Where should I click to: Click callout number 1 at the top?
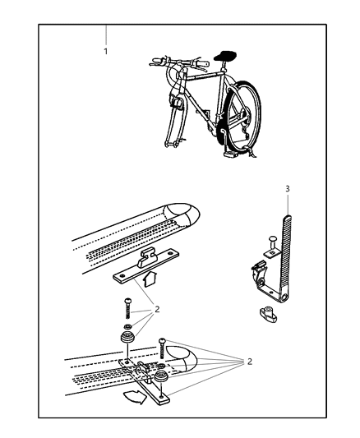pos(105,52)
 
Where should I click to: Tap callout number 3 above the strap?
pos(288,189)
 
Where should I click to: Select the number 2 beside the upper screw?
pos(157,309)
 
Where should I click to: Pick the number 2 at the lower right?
pos(249,362)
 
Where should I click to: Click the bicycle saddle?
pos(225,55)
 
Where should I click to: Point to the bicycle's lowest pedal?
pos(229,153)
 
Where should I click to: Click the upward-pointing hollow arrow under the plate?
pos(148,279)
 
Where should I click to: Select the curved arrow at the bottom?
pos(135,397)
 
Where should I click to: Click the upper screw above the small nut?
pos(127,309)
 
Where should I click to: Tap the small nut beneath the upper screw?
pos(127,325)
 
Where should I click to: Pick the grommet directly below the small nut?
pos(127,337)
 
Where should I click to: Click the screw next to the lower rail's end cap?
pos(162,348)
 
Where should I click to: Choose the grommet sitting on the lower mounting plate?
pos(161,376)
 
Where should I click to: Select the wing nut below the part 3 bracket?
pos(268,314)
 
